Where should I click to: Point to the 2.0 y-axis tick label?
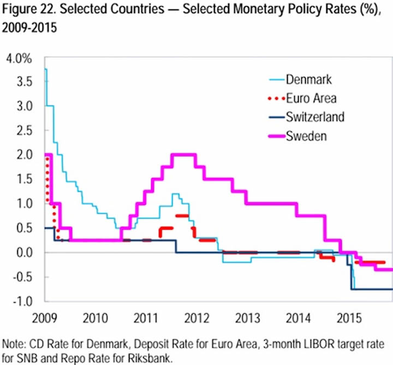coord(25,154)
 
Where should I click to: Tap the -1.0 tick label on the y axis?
coord(22,301)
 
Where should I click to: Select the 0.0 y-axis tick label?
coord(25,252)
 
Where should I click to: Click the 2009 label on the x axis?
coord(45,317)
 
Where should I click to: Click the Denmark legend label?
coord(308,80)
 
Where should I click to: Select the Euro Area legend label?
coord(311,98)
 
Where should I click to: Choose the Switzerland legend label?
coord(315,116)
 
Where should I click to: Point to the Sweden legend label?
coord(306,135)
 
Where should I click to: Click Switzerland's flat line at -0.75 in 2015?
coord(377,289)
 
